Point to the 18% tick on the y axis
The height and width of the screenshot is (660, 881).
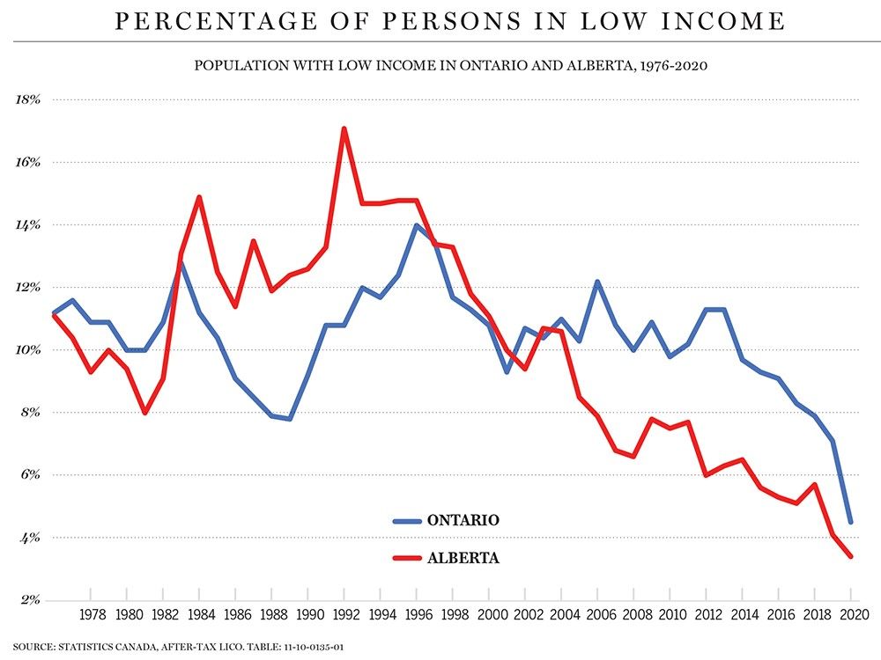click(29, 99)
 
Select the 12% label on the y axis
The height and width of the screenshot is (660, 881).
click(29, 287)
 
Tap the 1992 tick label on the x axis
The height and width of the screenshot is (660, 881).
click(344, 614)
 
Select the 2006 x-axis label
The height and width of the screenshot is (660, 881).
click(597, 614)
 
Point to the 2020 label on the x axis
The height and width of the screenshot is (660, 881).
click(851, 614)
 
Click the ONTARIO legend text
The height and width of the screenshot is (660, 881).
click(463, 520)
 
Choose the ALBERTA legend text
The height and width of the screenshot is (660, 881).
click(463, 557)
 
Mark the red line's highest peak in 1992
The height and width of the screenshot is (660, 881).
click(344, 128)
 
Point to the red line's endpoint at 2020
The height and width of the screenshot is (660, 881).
click(851, 556)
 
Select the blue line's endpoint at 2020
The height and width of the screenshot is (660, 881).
click(851, 522)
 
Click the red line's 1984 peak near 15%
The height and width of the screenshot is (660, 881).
click(199, 197)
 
